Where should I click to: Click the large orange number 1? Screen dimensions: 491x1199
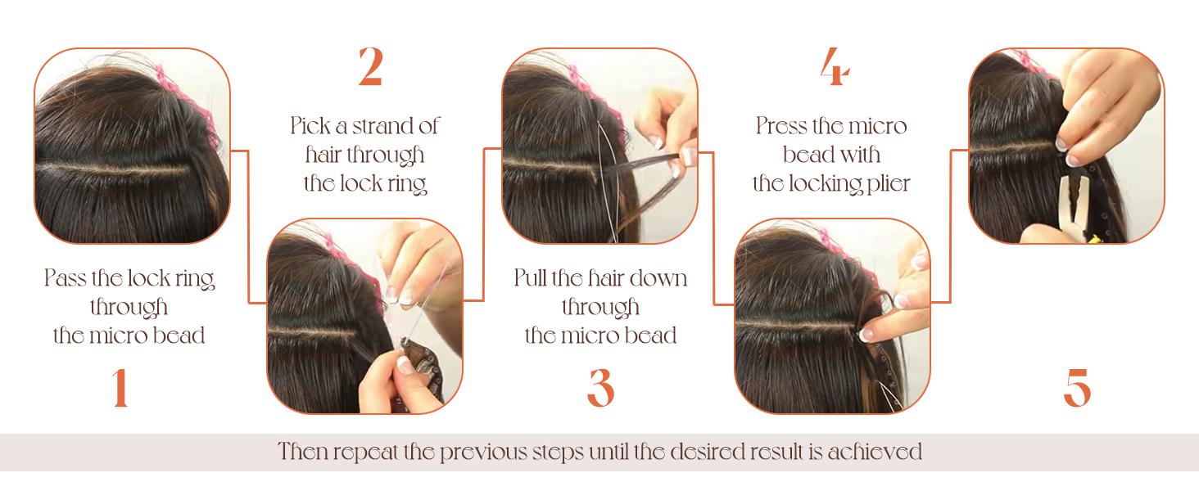pyautogui.click(x=120, y=388)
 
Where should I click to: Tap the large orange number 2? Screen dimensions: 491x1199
pyautogui.click(x=370, y=68)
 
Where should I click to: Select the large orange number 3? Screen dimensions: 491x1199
pyautogui.click(x=600, y=388)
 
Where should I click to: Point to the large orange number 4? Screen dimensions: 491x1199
pyautogui.click(x=834, y=68)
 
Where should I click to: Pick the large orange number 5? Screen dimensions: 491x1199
pyautogui.click(x=1077, y=388)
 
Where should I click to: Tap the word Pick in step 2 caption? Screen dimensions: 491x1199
pyautogui.click(x=310, y=126)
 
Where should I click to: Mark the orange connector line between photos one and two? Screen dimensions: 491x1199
pyautogui.click(x=248, y=229)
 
